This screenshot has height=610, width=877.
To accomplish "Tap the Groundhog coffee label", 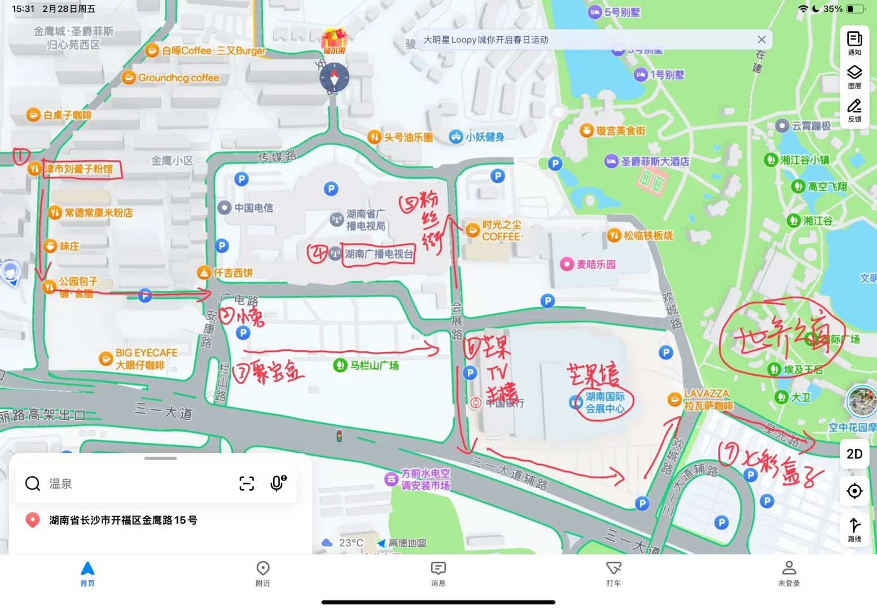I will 178,78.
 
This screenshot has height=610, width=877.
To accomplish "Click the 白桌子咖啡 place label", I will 67,115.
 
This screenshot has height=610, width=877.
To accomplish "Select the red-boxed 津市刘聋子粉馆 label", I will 80,169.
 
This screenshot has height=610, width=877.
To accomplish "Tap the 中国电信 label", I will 253,208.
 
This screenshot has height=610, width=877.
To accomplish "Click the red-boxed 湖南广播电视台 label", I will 378,254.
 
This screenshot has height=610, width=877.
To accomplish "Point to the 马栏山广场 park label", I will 373,365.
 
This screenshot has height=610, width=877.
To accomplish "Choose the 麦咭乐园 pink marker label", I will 595,264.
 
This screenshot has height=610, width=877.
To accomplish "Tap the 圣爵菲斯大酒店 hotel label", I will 654,162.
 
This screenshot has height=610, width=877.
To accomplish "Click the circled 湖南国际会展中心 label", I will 604,402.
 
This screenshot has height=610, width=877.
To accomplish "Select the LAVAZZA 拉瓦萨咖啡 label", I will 707,400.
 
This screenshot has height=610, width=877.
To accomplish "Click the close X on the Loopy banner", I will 761,40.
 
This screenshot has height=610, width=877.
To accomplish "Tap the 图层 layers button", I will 854,77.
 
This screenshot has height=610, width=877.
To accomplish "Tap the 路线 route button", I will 854,529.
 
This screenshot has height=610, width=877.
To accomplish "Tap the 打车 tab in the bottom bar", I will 613,573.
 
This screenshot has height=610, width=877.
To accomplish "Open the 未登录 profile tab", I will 789,573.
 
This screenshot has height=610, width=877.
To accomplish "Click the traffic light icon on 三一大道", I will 339,436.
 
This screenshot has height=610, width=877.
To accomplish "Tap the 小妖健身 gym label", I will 484,137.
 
